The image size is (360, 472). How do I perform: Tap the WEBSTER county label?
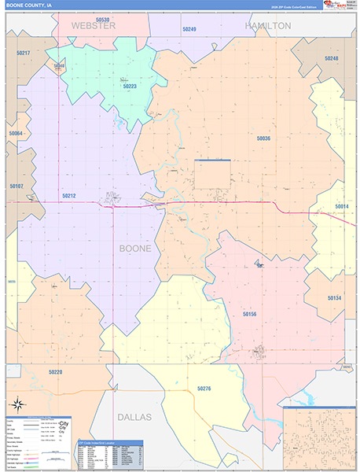point(94,26)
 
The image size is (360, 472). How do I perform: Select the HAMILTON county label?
point(267,26)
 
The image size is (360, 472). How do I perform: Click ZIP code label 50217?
point(22,53)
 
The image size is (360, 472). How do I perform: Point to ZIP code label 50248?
point(331,59)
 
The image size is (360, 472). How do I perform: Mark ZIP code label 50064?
point(16,134)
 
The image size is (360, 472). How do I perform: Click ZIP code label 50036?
point(263,138)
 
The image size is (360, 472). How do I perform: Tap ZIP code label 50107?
point(17,186)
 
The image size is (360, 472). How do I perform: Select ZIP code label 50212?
point(69,196)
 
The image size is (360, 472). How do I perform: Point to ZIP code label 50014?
point(341,206)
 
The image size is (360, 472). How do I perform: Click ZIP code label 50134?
point(334,298)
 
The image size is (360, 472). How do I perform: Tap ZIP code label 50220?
point(55,371)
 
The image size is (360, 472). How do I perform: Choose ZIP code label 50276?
point(204,389)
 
